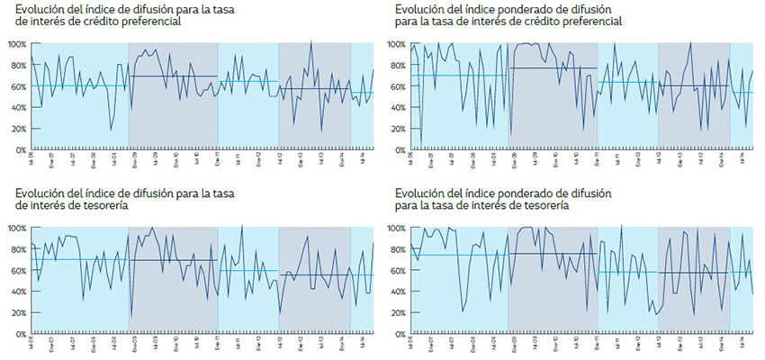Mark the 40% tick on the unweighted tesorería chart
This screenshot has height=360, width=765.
17,292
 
